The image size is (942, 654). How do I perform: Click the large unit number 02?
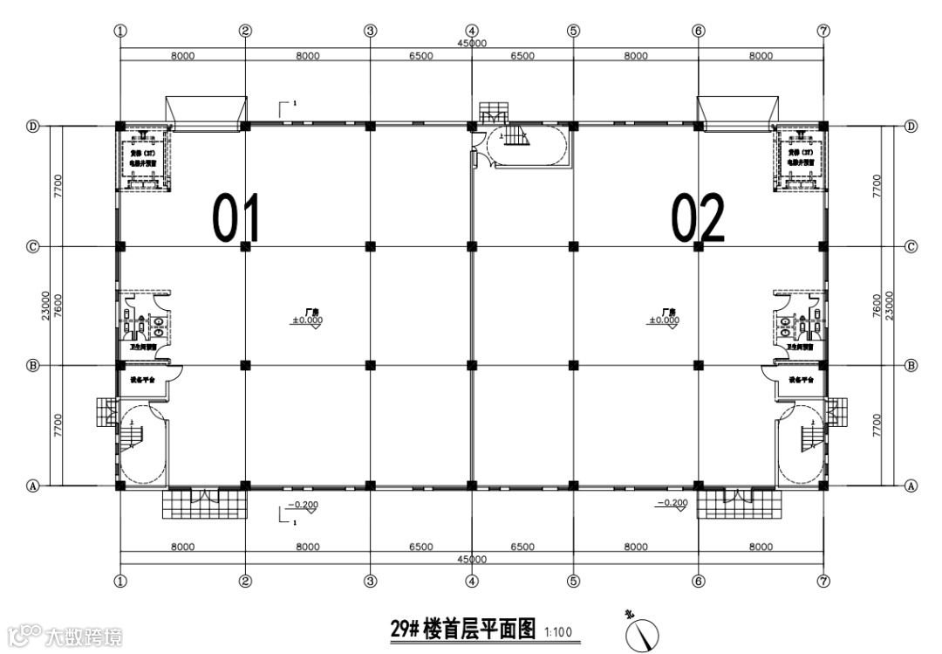click(698, 218)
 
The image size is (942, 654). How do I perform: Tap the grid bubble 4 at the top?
click(472, 30)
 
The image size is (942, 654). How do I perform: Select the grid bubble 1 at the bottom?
click(120, 580)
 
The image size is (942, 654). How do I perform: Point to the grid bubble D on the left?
click(32, 126)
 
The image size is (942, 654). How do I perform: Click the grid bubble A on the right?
click(911, 486)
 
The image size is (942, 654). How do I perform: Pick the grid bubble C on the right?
click(911, 246)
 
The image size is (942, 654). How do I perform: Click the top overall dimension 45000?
click(472, 44)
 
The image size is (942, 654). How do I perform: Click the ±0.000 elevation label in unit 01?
click(308, 320)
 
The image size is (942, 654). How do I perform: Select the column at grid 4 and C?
click(472, 246)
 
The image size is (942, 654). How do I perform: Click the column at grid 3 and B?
click(371, 364)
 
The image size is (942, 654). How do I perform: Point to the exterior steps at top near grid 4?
click(494, 111)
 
